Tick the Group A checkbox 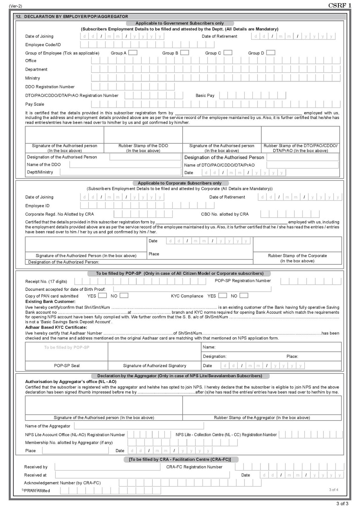click(x=132, y=52)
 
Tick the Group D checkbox click(x=271, y=52)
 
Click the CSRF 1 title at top click(x=340, y=5)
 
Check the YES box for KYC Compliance click(x=223, y=296)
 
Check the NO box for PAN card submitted click(x=124, y=296)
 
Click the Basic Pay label click(x=205, y=95)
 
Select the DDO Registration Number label click(x=50, y=87)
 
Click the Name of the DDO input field click(x=125, y=164)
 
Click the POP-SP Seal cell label click(x=67, y=366)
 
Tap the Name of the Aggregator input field click(x=139, y=426)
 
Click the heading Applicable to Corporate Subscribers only click(x=179, y=183)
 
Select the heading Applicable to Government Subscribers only click(x=180, y=23)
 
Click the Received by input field click(x=108, y=467)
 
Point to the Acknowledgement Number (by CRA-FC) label click(x=62, y=483)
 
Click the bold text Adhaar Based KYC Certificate click(x=56, y=327)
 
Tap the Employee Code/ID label click(x=43, y=45)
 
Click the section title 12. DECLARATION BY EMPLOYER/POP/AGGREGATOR click(x=72, y=16)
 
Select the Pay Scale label click(x=35, y=104)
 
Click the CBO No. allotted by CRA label click(x=225, y=214)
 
